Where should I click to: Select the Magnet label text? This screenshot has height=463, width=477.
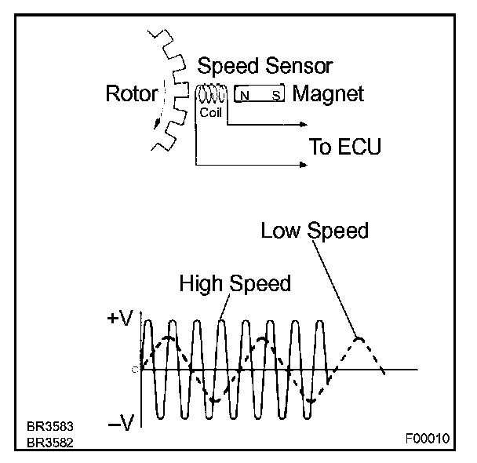[328, 95]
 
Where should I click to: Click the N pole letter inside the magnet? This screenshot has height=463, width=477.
[245, 96]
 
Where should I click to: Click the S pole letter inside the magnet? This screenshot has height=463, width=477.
[275, 96]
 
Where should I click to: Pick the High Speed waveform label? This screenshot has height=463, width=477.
[235, 283]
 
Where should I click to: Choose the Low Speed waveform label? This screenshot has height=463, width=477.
[315, 230]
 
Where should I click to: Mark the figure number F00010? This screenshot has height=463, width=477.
[428, 439]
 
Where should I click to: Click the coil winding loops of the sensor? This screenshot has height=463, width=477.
[212, 94]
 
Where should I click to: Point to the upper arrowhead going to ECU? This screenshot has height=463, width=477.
[302, 124]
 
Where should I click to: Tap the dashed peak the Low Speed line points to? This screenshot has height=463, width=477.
[359, 339]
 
